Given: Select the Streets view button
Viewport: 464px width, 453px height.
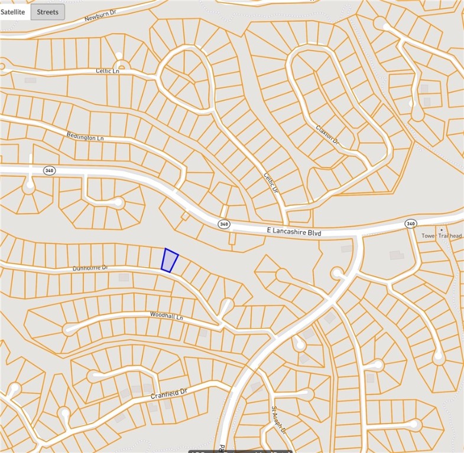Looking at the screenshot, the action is (48, 12).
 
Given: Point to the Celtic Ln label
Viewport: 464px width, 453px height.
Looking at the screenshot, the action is (107, 71).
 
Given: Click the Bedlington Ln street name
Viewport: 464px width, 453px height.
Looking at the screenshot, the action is (85, 137).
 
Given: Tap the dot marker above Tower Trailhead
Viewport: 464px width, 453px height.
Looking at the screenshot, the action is (440, 229).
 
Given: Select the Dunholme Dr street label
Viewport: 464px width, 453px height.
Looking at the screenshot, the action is (90, 268).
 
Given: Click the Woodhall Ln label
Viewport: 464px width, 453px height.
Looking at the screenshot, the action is (167, 316).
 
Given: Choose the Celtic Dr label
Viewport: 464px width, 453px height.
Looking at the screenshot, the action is (270, 180).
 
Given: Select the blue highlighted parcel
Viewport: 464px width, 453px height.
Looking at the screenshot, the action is (170, 260).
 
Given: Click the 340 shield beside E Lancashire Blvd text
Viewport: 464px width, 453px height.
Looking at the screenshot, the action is (223, 224).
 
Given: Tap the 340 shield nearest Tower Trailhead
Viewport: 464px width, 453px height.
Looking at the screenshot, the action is (410, 224).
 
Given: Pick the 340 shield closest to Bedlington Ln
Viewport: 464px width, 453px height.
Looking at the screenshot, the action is (49, 170).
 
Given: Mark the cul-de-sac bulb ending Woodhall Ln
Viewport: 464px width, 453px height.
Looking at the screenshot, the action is (70, 329).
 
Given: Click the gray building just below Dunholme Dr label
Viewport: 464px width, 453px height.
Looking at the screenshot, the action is (124, 277).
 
